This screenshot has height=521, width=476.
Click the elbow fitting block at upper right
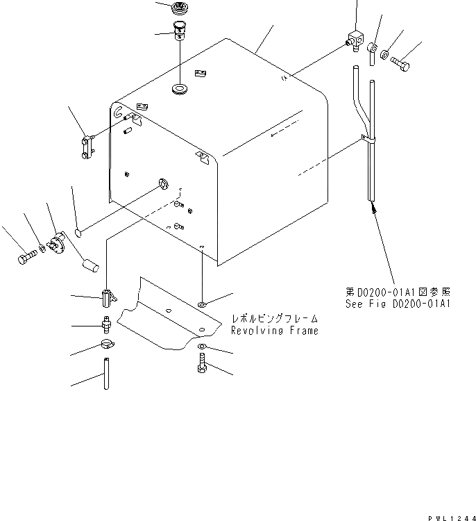coord(355,42)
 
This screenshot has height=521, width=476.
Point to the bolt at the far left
coord(25,258)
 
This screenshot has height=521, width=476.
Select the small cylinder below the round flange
coord(92,265)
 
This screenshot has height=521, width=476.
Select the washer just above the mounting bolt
coord(201,347)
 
